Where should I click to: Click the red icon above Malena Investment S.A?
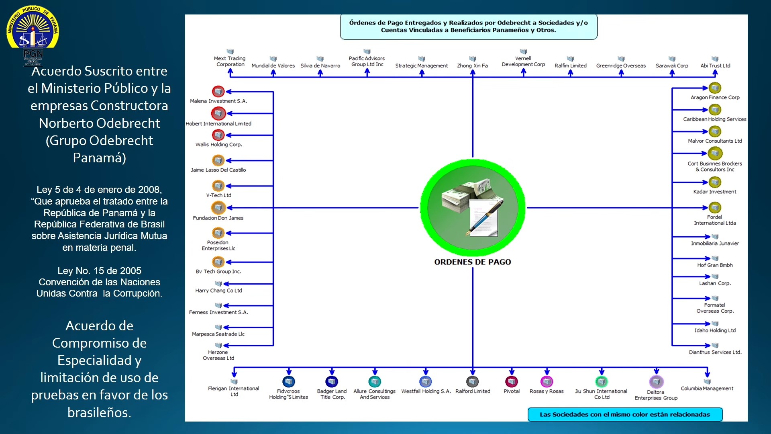pyautogui.click(x=218, y=92)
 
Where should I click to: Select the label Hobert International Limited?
pyautogui.click(x=218, y=124)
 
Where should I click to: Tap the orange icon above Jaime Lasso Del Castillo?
pyautogui.click(x=218, y=160)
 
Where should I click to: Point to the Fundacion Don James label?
pyautogui.click(x=218, y=218)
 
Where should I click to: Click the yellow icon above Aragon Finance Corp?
pyautogui.click(x=715, y=88)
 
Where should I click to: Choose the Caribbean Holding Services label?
pyautogui.click(x=715, y=119)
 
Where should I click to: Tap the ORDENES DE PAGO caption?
pyautogui.click(x=473, y=262)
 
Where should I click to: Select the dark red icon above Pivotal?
pyautogui.click(x=512, y=381)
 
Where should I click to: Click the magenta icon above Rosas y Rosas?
pyautogui.click(x=547, y=381)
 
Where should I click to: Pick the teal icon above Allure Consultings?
pyautogui.click(x=375, y=381)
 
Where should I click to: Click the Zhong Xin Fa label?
pyautogui.click(x=472, y=66)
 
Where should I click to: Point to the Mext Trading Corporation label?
pyautogui.click(x=230, y=61)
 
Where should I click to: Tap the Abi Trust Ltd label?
pyautogui.click(x=715, y=66)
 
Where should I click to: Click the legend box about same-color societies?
pyautogui.click(x=625, y=414)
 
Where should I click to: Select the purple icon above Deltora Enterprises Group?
pyautogui.click(x=656, y=381)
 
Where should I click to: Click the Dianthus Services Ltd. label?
pyautogui.click(x=715, y=352)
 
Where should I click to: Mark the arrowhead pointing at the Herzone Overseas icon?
pyautogui.click(x=226, y=346)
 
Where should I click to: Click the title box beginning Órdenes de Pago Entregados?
pyautogui.click(x=469, y=27)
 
